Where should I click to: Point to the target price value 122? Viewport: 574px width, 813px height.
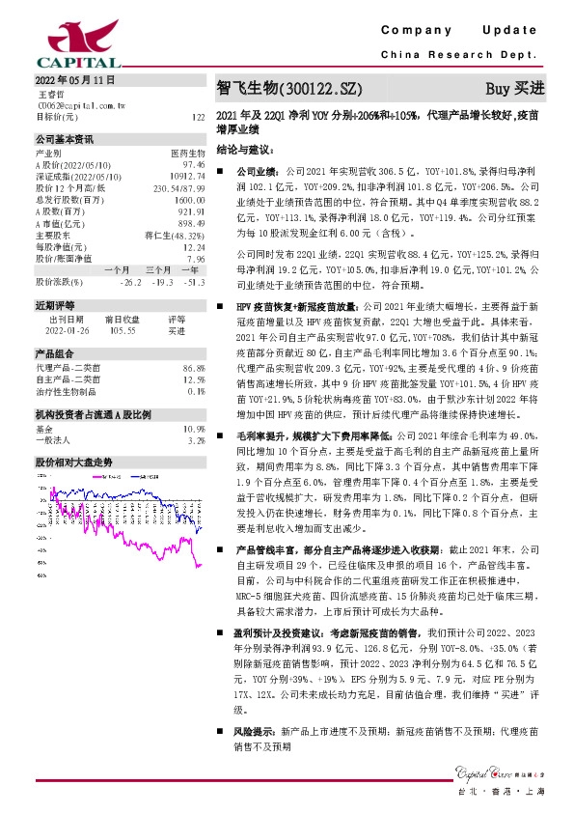click(x=198, y=117)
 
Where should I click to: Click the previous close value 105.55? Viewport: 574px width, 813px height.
click(x=121, y=329)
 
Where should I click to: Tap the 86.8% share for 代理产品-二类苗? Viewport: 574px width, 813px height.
click(x=195, y=369)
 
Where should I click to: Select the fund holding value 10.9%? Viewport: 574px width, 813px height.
click(x=195, y=428)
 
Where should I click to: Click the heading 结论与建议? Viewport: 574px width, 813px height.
click(x=246, y=151)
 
